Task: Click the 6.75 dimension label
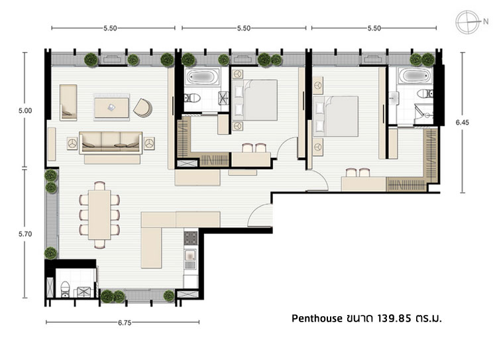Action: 125,323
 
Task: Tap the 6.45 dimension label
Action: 462,123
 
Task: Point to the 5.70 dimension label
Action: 25,234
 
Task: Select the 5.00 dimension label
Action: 25,111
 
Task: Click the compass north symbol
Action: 468,22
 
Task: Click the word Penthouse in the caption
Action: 317,318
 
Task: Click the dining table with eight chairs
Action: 99,215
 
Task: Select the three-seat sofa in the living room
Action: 111,143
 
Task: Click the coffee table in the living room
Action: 111,107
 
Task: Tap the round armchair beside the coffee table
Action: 142,108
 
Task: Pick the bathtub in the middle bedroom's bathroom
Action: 202,76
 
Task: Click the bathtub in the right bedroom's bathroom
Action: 415,76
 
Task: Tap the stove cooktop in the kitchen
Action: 190,238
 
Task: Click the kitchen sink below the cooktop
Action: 190,259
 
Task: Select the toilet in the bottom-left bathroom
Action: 66,288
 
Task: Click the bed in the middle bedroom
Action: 255,100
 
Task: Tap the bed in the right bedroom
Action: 336,117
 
